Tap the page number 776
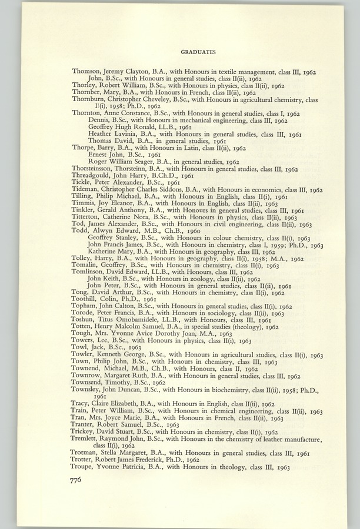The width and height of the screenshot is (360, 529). pos(80,480)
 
